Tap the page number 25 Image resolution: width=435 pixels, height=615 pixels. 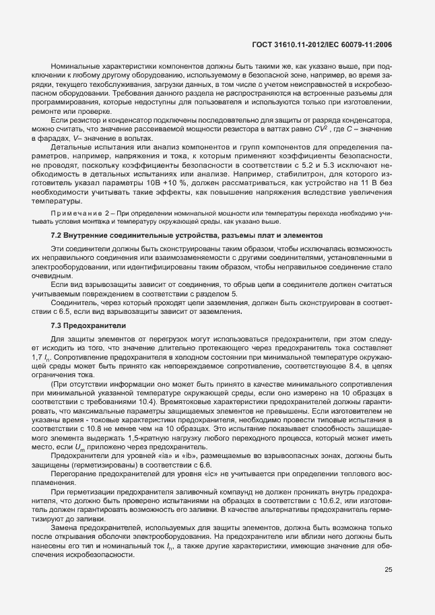388,570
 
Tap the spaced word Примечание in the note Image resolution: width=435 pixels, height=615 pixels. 81,214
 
